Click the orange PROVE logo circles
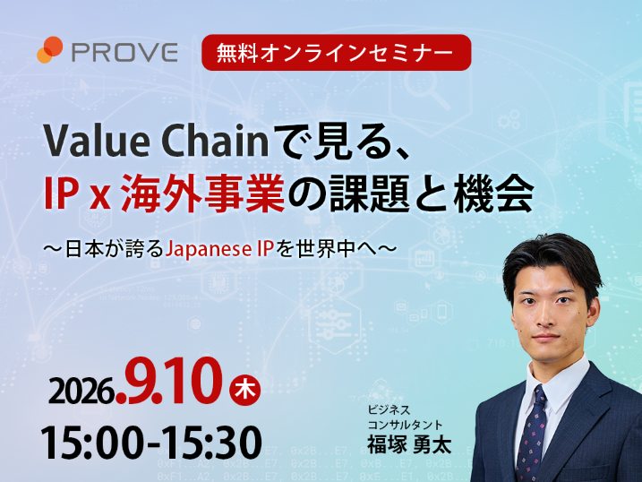point(49,50)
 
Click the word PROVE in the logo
point(124,52)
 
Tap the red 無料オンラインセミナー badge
point(336,53)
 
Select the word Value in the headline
point(97,142)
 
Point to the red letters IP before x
point(61,193)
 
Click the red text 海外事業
point(203,193)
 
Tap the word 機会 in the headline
point(493,193)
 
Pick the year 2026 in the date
point(81,391)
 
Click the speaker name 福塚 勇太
point(408,443)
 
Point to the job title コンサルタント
point(405,425)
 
